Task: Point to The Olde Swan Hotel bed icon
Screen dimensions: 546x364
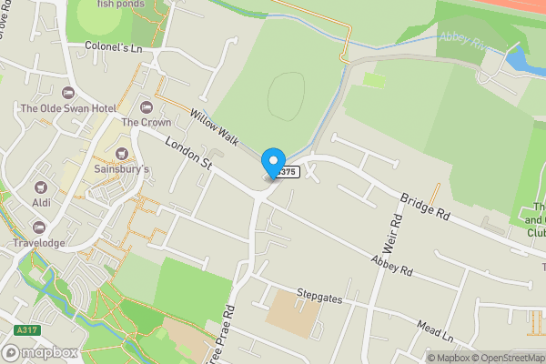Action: point(66,93)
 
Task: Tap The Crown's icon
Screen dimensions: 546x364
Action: point(145,107)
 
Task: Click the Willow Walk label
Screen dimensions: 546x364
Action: point(215,127)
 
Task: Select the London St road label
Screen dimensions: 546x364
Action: point(187,154)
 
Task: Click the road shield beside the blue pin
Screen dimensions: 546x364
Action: point(288,171)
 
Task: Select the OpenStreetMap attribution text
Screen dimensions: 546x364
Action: point(505,358)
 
